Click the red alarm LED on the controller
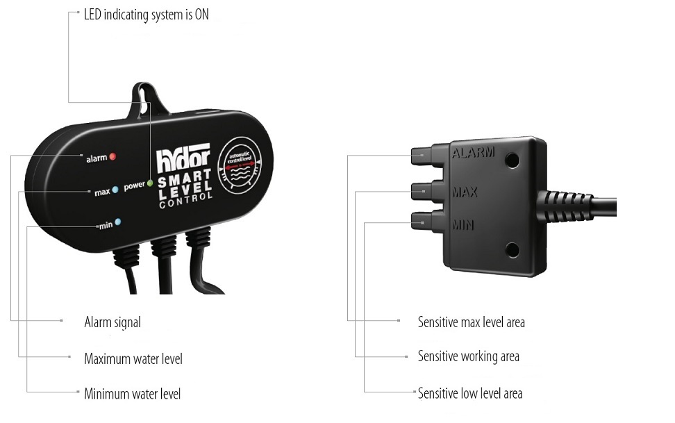[x=112, y=156]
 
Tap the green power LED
[x=149, y=185]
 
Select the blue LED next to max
[x=115, y=189]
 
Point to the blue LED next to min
[x=118, y=222]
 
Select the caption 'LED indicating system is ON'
[x=146, y=15]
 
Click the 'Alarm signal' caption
[x=112, y=322]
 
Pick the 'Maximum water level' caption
[x=133, y=359]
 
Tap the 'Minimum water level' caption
[x=132, y=394]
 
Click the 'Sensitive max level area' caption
[x=471, y=322]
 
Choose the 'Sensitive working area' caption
[x=468, y=357]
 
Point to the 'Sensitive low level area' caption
[x=469, y=394]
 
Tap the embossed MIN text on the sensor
[x=463, y=224]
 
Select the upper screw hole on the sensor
[x=513, y=160]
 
